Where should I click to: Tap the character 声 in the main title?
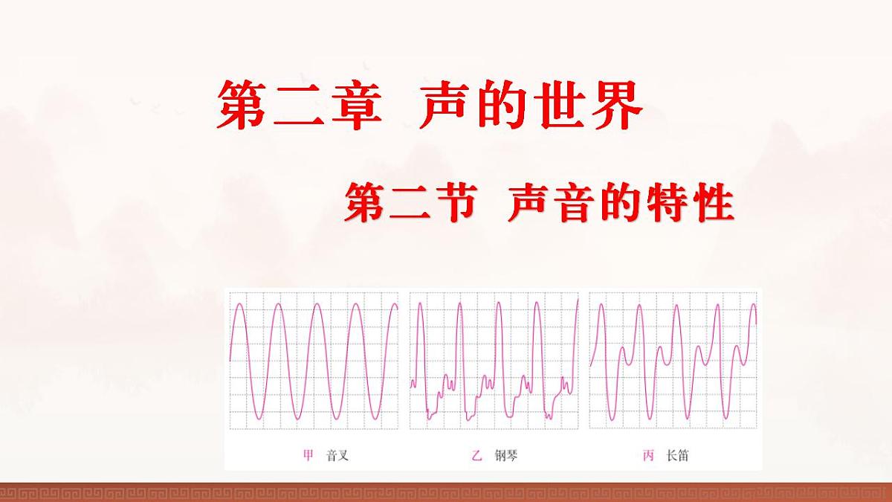pyautogui.click(x=445, y=105)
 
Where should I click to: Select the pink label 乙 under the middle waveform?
pyautogui.click(x=477, y=455)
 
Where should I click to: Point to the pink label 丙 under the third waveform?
pyautogui.click(x=647, y=455)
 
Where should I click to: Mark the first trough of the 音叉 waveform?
pyautogui.click(x=257, y=418)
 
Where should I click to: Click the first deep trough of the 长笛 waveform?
pyautogui.click(x=610, y=419)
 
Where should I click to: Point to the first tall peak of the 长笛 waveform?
pyautogui.click(x=601, y=304)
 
